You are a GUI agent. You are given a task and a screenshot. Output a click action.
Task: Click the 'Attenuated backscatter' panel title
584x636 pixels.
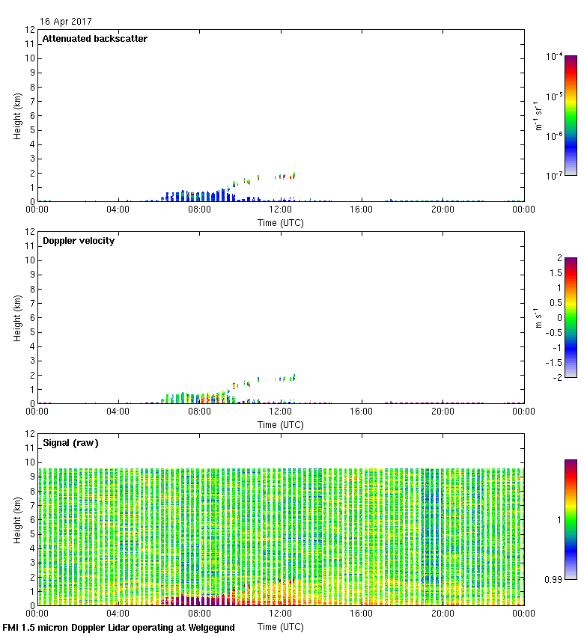pyautogui.click(x=94, y=39)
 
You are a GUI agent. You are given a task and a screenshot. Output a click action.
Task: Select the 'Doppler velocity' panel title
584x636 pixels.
pyautogui.click(x=79, y=241)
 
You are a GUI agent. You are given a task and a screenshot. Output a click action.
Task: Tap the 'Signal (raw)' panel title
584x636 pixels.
pyautogui.click(x=70, y=443)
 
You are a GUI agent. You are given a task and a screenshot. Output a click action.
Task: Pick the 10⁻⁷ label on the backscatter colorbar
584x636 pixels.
pyautogui.click(x=555, y=175)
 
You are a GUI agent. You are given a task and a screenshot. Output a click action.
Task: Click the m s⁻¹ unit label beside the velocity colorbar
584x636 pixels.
pyautogui.click(x=538, y=317)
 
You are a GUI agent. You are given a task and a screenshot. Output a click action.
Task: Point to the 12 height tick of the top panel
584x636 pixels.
pyautogui.click(x=30, y=30)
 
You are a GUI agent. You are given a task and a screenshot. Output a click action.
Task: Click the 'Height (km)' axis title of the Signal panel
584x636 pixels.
pyautogui.click(x=16, y=519)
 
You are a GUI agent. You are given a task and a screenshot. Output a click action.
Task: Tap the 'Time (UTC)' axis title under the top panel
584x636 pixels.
pyautogui.click(x=281, y=223)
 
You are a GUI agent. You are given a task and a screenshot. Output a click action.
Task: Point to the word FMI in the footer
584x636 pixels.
pyautogui.click(x=12, y=628)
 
